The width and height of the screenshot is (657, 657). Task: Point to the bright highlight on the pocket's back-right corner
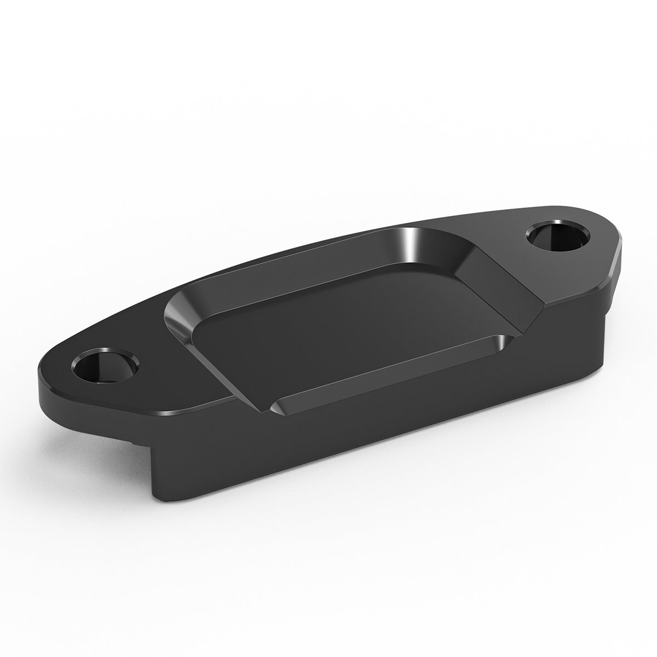pos(412,244)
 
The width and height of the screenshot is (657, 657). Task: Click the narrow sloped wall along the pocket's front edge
pos(383,378)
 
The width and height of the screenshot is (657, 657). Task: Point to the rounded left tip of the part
pos(47,378)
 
